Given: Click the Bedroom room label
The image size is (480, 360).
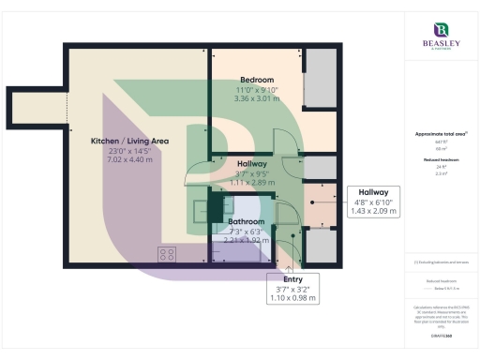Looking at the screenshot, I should pyautogui.click(x=256, y=80).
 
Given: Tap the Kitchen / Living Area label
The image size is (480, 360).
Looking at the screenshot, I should pyautogui.click(x=129, y=141).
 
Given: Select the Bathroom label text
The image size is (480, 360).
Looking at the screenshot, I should pyautogui.click(x=246, y=222).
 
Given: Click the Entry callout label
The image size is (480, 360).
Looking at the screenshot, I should pyautogui.click(x=292, y=278).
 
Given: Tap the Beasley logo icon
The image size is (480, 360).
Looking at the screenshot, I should pyautogui.click(x=440, y=30).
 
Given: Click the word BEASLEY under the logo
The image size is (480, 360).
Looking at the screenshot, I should pyautogui.click(x=440, y=45).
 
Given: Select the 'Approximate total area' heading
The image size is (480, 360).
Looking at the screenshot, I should pyautogui.click(x=439, y=134).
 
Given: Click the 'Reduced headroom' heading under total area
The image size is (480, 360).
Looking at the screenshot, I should pyautogui.click(x=439, y=160).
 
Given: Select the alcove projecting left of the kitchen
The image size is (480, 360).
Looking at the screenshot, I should pyautogui.click(x=36, y=107).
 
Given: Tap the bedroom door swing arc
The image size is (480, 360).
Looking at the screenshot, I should pyautogui.click(x=286, y=141).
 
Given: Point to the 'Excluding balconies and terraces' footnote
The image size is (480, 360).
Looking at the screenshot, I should pyautogui.click(x=439, y=262).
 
